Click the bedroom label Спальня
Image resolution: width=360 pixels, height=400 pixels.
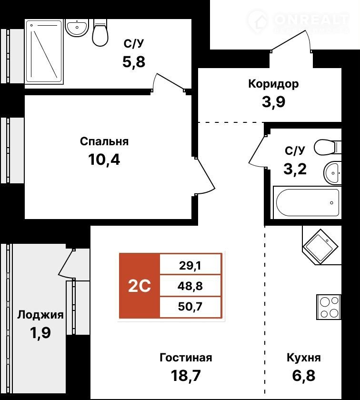pyautogui.click(x=104, y=141)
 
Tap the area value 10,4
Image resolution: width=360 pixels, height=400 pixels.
pyautogui.click(x=104, y=160)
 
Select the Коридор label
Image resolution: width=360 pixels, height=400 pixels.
pyautogui.click(x=273, y=84)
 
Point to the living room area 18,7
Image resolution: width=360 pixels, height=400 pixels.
pyautogui.click(x=186, y=376)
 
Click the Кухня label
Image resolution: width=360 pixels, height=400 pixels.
pyautogui.click(x=304, y=358)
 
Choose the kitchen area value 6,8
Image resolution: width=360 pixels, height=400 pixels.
pyautogui.click(x=304, y=376)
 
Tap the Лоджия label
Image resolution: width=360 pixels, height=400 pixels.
pyautogui.click(x=40, y=315)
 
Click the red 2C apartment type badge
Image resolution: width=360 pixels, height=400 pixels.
pyautogui.click(x=140, y=286)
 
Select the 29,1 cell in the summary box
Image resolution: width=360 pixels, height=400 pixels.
pyautogui.click(x=190, y=266)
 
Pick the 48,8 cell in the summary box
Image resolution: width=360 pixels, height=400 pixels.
pyautogui.click(x=190, y=286)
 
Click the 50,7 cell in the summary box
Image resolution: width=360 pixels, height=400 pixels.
pyautogui.click(x=190, y=306)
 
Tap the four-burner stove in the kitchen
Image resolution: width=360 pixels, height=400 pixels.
pyautogui.click(x=329, y=307)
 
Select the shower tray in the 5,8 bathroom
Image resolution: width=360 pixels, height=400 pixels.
pyautogui.click(x=44, y=52)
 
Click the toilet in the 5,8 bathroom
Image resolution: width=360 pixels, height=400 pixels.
pyautogui.click(x=100, y=32)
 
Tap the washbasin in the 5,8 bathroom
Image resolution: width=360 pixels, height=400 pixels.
pyautogui.click(x=77, y=27)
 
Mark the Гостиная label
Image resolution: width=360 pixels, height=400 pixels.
pyautogui.click(x=186, y=358)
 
